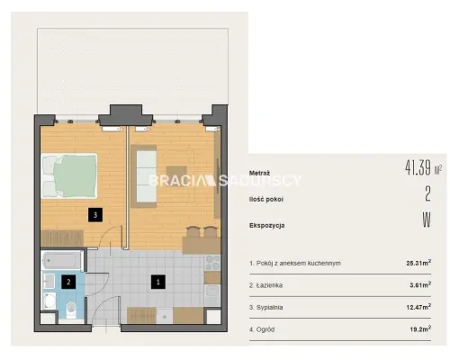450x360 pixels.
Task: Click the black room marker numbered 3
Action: [95, 215]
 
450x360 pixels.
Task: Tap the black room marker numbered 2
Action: [68, 282]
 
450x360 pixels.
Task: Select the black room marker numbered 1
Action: [158, 282]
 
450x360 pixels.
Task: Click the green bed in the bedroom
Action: [68, 175]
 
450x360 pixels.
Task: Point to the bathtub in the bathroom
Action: [63, 261]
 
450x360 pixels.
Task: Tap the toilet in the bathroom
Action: [71, 310]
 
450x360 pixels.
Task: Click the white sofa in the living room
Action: [146, 176]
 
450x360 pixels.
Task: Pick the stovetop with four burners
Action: [212, 263]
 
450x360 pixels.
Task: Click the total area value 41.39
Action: [418, 167]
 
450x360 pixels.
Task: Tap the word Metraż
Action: [259, 173]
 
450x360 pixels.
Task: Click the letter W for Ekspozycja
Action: [427, 220]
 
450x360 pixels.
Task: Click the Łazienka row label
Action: [265, 285]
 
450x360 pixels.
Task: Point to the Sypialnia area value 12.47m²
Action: [418, 307]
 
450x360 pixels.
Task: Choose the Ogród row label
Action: [262, 329]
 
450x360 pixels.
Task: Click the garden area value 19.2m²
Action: [420, 329]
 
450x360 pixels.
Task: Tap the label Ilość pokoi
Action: [266, 199]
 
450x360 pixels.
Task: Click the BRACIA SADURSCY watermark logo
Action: [225, 181]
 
